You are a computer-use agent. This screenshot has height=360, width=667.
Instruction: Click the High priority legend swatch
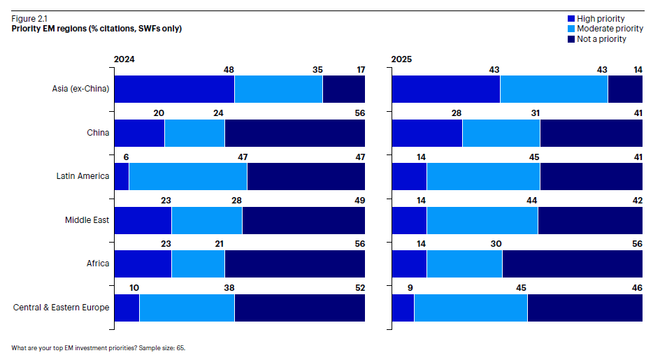pyautogui.click(x=571, y=19)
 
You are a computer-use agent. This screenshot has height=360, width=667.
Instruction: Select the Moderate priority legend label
pyautogui.click(x=610, y=29)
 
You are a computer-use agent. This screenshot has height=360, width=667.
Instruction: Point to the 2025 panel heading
pyautogui.click(x=401, y=59)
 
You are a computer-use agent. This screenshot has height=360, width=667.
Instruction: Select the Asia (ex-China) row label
pyautogui.click(x=80, y=89)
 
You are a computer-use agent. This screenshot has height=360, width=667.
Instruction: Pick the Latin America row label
pyautogui.click(x=83, y=176)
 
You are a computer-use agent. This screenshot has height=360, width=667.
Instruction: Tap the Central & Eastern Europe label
pyautogui.click(x=62, y=307)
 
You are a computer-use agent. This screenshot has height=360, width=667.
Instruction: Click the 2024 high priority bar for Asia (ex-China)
pyautogui.click(x=173, y=89)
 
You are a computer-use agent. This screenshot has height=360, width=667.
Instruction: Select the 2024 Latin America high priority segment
pyautogui.click(x=121, y=176)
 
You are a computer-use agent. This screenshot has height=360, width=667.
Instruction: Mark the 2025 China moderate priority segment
pyautogui.click(x=501, y=133)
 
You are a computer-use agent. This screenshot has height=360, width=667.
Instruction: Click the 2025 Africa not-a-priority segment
pyautogui.click(x=572, y=264)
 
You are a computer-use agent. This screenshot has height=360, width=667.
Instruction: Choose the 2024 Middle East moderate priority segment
pyautogui.click(x=206, y=220)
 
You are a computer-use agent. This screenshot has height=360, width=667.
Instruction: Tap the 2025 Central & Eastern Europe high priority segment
pyautogui.click(x=403, y=308)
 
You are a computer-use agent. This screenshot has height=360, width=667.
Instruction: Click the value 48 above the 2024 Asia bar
pyautogui.click(x=229, y=70)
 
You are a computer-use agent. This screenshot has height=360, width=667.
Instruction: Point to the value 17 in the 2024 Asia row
pyautogui.click(x=359, y=70)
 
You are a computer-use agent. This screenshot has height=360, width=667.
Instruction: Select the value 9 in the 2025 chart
pyautogui.click(x=409, y=288)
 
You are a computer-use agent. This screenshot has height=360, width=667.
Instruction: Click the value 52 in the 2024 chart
pyautogui.click(x=359, y=288)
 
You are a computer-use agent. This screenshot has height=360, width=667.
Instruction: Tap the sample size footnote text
pyautogui.click(x=99, y=347)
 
